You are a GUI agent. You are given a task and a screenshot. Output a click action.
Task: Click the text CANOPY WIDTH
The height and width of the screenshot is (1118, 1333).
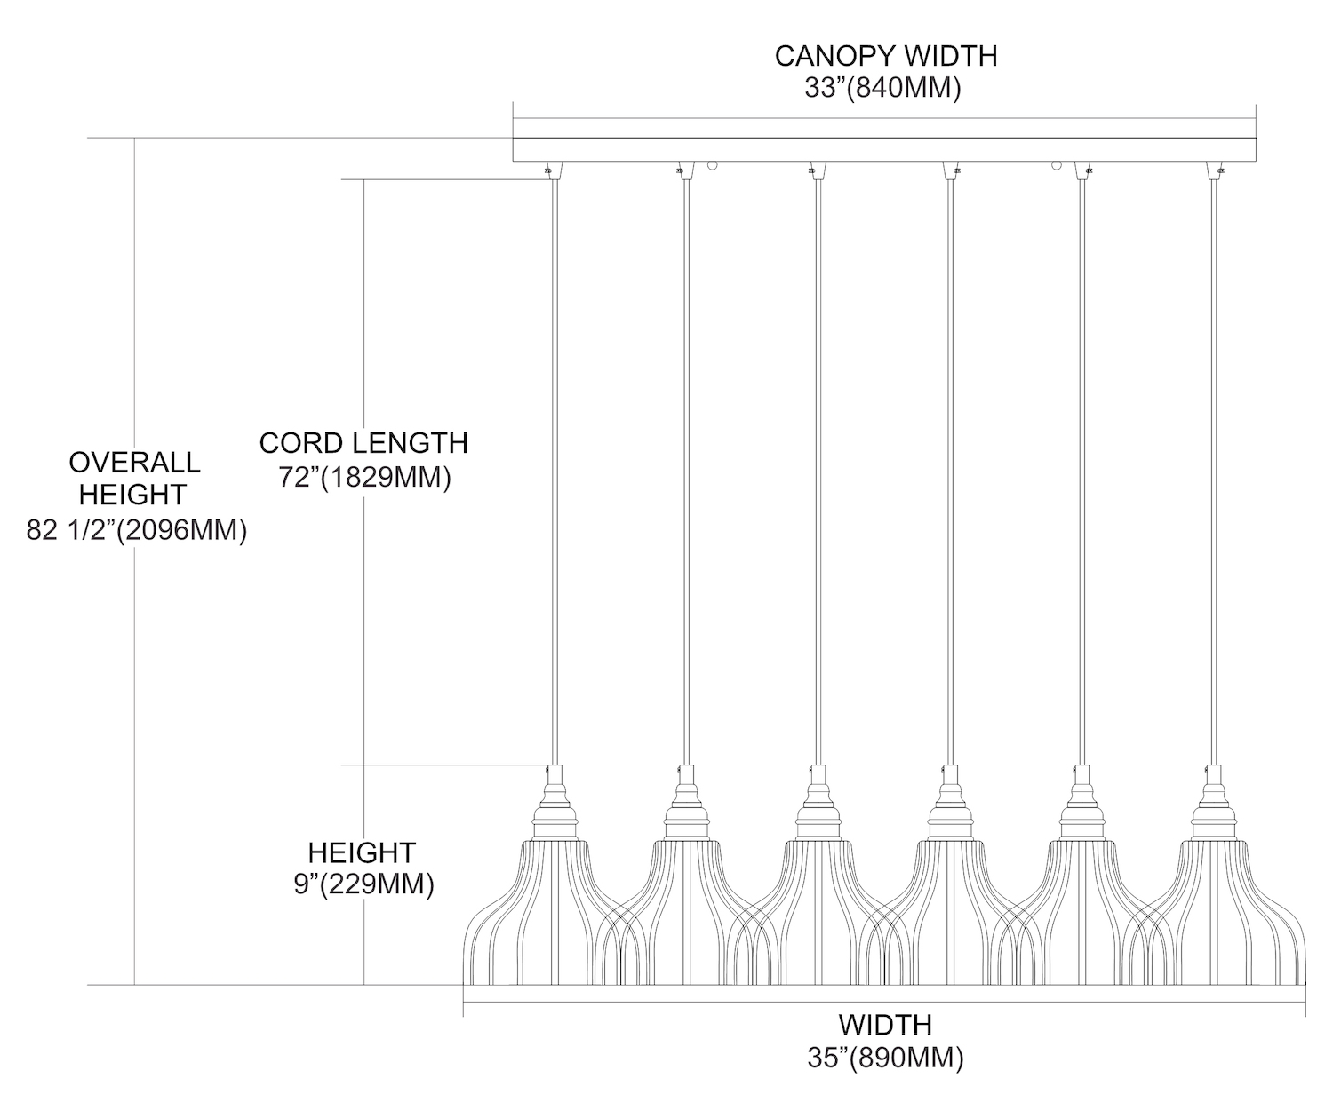(885, 56)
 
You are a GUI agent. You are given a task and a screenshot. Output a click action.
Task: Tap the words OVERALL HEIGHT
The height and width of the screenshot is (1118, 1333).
(134, 478)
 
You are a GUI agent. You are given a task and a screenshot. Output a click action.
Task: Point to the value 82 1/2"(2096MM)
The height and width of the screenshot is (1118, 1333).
(137, 531)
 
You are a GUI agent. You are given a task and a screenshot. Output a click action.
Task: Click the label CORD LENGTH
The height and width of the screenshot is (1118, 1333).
(363, 442)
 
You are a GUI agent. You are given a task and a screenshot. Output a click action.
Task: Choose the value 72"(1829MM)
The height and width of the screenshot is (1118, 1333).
(365, 477)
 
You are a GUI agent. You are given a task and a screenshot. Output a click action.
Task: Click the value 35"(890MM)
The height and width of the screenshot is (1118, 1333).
(885, 1058)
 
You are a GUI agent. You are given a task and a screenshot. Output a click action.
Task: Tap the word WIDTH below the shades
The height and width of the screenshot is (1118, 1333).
(885, 1025)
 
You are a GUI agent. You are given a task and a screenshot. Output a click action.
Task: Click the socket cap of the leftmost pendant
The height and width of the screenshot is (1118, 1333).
(554, 804)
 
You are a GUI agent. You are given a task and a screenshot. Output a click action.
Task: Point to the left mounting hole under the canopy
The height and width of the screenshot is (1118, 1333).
(712, 165)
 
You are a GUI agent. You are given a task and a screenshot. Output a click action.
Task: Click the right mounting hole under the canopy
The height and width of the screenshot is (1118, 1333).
(1057, 165)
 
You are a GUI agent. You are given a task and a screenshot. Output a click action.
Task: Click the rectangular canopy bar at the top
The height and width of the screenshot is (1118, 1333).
(885, 142)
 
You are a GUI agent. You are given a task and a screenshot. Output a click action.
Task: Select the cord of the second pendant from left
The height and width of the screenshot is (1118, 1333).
(685, 471)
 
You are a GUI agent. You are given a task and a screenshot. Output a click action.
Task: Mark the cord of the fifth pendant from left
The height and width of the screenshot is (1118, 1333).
(1082, 471)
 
